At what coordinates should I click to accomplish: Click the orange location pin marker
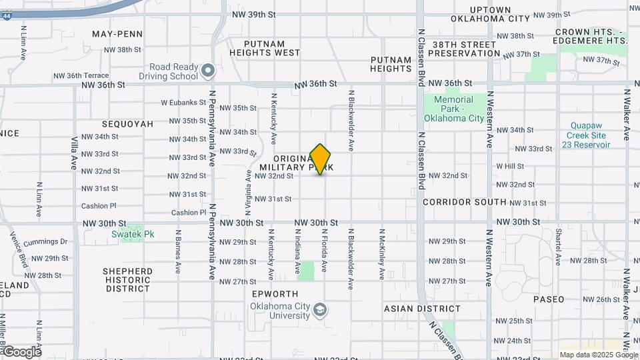(321, 159)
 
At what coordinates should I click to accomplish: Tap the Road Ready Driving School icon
(208, 69)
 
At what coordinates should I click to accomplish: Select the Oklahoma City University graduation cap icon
(321, 310)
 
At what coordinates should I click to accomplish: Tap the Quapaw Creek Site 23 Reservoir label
(590, 135)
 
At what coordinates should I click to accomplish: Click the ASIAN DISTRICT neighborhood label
(422, 309)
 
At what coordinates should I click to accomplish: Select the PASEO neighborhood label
(549, 299)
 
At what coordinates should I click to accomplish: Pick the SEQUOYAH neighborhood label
(128, 124)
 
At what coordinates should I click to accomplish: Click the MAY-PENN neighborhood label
(118, 34)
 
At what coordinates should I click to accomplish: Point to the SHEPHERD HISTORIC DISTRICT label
(127, 280)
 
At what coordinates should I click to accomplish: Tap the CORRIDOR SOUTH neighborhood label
(464, 201)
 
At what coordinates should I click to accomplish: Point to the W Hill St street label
(510, 165)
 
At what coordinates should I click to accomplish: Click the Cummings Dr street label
(45, 242)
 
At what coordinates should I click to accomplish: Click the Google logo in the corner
(21, 351)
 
